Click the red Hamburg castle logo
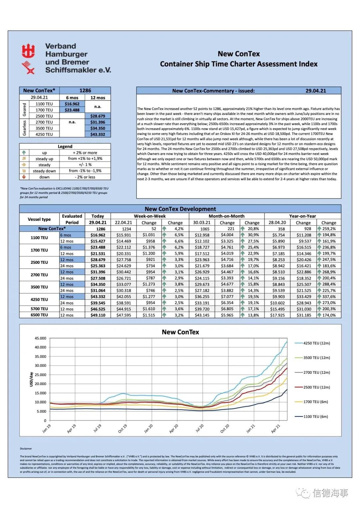click(x=28, y=51)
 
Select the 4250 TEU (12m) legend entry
click(x=316, y=343)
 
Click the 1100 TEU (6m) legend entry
click(x=315, y=416)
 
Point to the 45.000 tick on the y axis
click(x=40, y=338)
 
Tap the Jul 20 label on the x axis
click(x=200, y=428)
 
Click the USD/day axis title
click(x=31, y=379)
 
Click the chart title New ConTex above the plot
click(x=180, y=332)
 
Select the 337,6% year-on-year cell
click(x=329, y=297)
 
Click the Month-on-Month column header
click(x=226, y=216)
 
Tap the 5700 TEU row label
click(x=39, y=309)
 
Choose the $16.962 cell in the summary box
click(x=72, y=104)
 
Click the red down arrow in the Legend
click(x=24, y=177)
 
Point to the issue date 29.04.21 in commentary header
click(x=316, y=91)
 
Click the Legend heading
click(x=65, y=147)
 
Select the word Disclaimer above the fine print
click(x=26, y=449)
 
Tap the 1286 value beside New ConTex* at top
click(x=85, y=91)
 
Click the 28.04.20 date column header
click(x=277, y=223)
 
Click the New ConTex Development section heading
click(x=180, y=209)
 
